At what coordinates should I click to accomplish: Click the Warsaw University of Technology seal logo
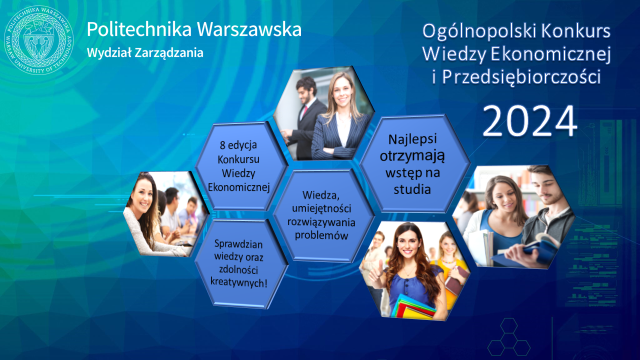(38, 40)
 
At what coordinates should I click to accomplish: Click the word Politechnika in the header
(139, 29)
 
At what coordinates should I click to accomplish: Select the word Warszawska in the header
(249, 29)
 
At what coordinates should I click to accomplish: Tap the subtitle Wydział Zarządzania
(145, 53)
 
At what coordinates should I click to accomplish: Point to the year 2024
(529, 121)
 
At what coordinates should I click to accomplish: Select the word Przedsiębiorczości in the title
(521, 77)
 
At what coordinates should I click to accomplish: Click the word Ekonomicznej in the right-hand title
(550, 55)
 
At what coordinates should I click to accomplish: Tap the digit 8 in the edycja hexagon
(222, 145)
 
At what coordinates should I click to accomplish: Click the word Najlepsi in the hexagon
(412, 139)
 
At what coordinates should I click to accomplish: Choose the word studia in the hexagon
(412, 189)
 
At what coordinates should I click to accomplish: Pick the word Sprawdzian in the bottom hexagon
(238, 244)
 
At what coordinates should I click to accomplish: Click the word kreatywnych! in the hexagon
(238, 282)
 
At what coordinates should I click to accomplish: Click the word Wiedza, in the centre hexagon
(321, 195)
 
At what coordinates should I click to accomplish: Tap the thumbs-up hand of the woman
(375, 272)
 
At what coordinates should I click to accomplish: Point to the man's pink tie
(304, 111)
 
